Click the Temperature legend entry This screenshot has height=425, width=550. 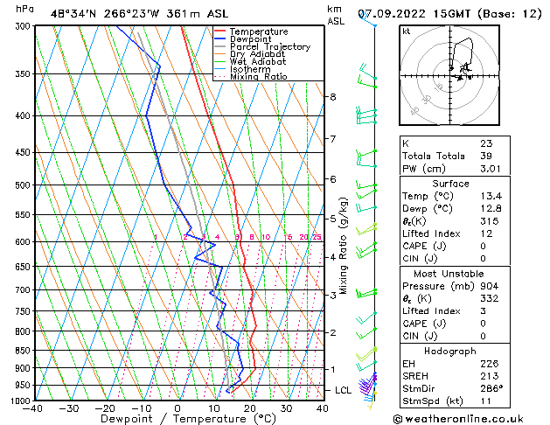tap(260, 31)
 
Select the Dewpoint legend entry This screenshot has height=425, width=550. tap(253, 39)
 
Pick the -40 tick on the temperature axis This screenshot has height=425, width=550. tap(33, 408)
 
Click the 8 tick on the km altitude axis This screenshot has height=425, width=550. tap(332, 96)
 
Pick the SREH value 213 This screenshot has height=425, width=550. tap(490, 376)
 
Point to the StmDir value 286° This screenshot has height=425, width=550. tap(491, 388)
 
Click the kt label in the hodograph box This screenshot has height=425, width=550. tap(406, 31)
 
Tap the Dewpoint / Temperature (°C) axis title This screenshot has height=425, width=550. tap(178, 419)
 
